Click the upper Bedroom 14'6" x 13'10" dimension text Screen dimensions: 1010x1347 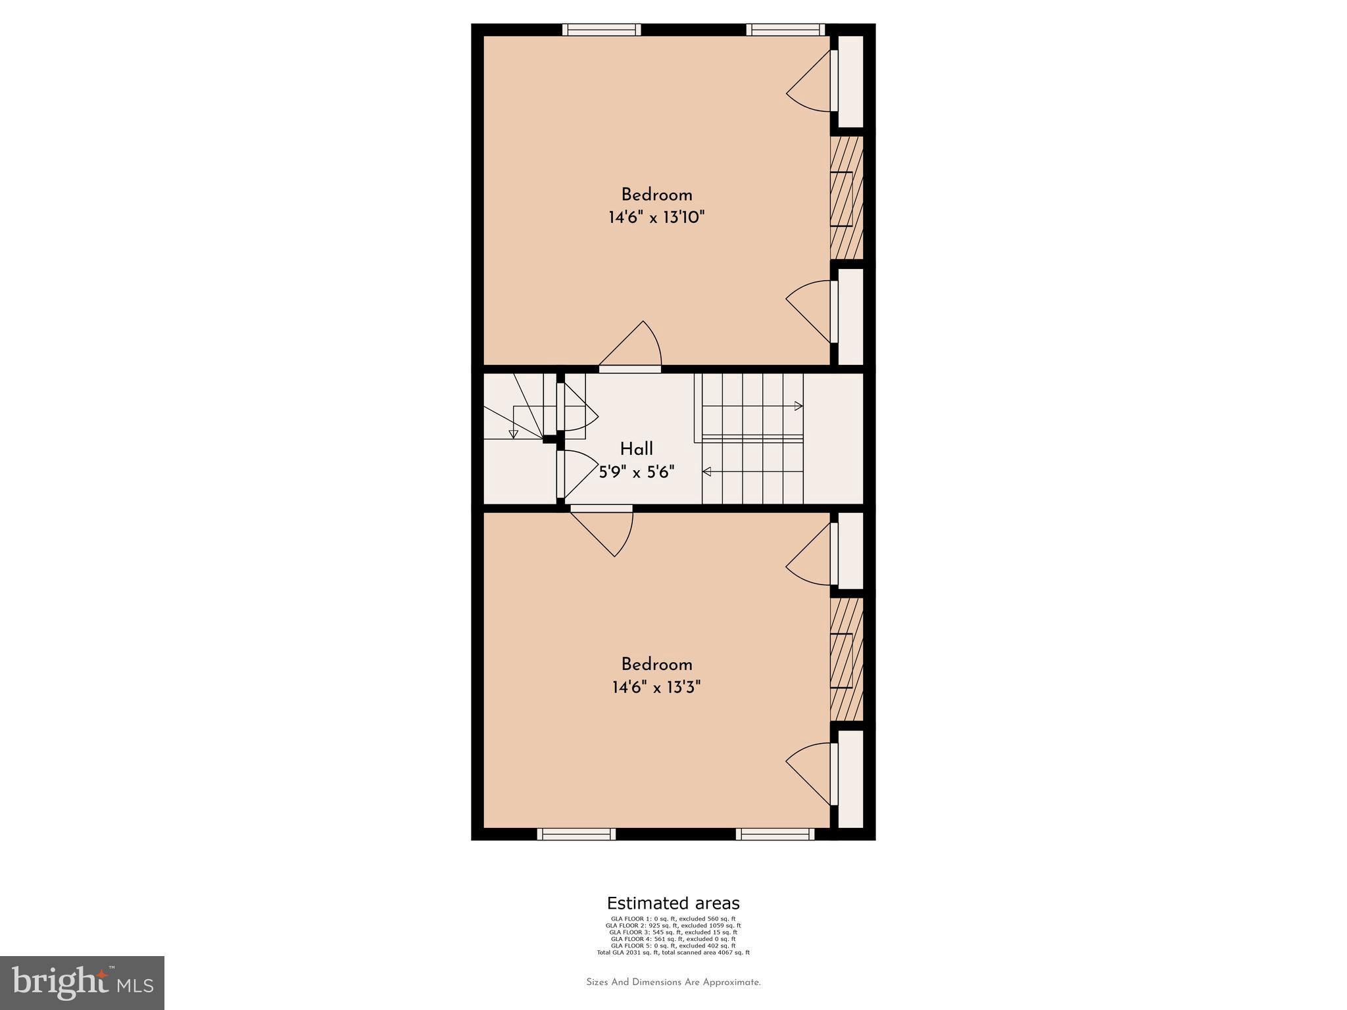(x=656, y=218)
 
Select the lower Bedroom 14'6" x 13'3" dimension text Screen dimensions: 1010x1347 (x=656, y=688)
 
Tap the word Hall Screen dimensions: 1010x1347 (x=636, y=449)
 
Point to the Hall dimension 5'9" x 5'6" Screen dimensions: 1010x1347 (x=636, y=471)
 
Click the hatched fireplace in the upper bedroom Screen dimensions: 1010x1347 (x=846, y=198)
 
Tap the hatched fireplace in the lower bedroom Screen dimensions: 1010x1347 (x=846, y=659)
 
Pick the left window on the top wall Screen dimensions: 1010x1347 (x=601, y=30)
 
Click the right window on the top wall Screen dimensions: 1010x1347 (x=785, y=30)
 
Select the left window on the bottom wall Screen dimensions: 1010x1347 (x=576, y=834)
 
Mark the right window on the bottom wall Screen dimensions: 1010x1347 (x=775, y=834)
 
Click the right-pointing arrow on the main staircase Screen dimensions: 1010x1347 (x=798, y=406)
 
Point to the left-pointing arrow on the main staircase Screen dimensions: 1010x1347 (x=707, y=471)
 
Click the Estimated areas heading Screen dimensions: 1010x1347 (x=673, y=903)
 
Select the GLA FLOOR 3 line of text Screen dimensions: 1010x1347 (x=673, y=932)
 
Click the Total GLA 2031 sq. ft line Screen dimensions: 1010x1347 (x=673, y=952)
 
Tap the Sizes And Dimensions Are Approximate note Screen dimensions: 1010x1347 (x=673, y=982)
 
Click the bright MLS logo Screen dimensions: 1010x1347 (x=82, y=982)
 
